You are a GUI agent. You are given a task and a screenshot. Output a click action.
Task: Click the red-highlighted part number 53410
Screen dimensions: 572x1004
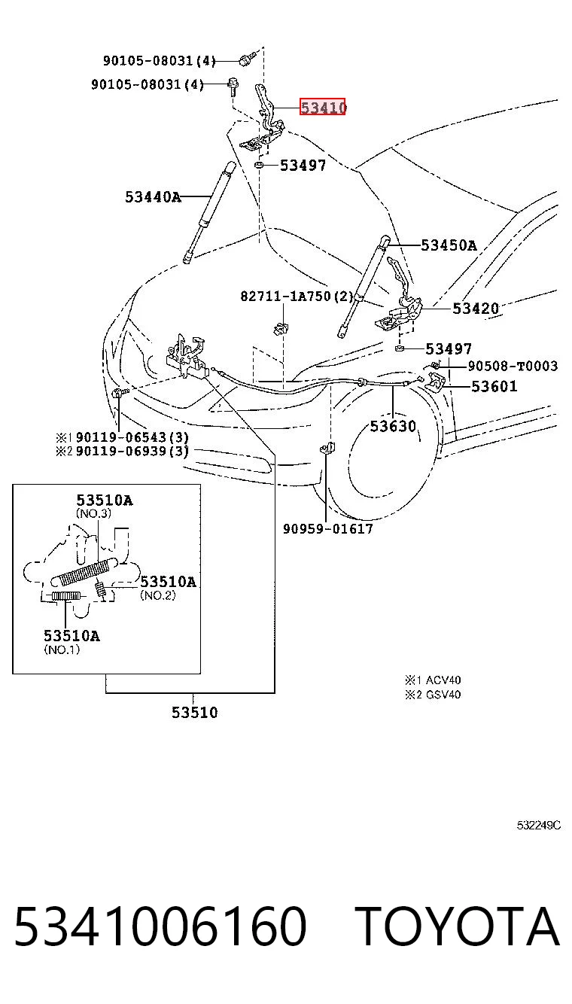tap(323, 107)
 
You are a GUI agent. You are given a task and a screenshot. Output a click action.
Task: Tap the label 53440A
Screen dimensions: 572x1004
tap(153, 196)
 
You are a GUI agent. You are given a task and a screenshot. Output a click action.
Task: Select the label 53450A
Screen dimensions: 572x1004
tap(449, 245)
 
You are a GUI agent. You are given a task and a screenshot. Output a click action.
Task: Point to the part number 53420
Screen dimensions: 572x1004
tap(476, 309)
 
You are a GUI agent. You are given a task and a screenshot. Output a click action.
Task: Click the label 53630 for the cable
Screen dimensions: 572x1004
tap(393, 426)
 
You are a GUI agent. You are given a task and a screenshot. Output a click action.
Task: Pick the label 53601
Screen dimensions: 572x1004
tap(494, 386)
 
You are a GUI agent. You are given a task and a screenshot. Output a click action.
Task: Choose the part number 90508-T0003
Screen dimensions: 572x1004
tap(513, 366)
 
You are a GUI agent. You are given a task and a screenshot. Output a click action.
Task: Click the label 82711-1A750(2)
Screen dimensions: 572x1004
tap(297, 297)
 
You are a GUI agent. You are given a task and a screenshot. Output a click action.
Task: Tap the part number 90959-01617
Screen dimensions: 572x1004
tap(327, 529)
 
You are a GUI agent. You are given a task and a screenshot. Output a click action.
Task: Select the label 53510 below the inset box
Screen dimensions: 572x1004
tap(194, 712)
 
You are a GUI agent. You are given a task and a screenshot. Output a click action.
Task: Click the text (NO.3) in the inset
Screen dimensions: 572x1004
tap(93, 513)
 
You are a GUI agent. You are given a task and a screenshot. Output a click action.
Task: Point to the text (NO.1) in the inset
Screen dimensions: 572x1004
tap(62, 649)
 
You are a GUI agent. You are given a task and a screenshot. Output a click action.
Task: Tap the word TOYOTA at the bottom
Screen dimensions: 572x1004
tap(458, 926)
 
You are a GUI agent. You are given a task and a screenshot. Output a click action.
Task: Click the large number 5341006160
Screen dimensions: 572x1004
tap(160, 926)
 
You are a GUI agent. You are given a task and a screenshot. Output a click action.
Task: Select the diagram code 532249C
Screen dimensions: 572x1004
tap(538, 825)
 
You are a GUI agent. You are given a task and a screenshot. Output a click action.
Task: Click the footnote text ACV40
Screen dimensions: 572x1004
tap(443, 680)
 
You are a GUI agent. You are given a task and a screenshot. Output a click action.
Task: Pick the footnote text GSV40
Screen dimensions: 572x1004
tap(443, 694)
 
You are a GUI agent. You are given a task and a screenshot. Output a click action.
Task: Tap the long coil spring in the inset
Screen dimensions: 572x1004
tap(84, 573)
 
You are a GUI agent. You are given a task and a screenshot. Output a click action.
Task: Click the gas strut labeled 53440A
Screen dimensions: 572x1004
tap(208, 213)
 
